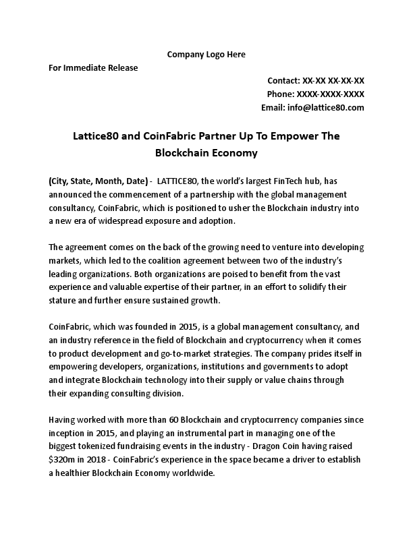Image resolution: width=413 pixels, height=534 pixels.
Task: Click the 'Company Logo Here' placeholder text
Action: (206, 54)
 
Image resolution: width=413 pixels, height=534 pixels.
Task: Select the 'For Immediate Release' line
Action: (93, 67)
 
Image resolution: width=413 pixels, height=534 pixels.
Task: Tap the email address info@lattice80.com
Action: (325, 108)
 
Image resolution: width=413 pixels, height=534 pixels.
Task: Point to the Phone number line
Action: (316, 94)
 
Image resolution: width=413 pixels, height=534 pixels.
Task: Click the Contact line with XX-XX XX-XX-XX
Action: (316, 80)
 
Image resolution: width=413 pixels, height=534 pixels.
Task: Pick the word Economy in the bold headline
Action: (231, 153)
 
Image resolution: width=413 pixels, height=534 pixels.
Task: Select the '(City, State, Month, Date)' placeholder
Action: (98, 181)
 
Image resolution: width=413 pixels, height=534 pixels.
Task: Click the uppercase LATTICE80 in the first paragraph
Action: (177, 181)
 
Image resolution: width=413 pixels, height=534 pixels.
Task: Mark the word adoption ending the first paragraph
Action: (214, 221)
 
